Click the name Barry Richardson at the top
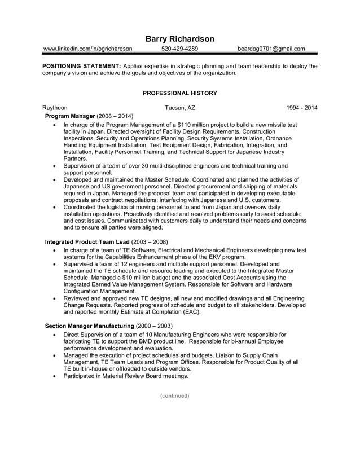click(x=179, y=39)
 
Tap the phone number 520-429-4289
click(x=179, y=49)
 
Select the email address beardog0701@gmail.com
click(x=271, y=49)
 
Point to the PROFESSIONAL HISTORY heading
click(x=179, y=93)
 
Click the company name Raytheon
click(x=55, y=108)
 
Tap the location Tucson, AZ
click(x=180, y=108)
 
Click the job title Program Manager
click(x=70, y=116)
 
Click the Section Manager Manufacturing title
click(x=89, y=326)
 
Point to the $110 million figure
click(x=194, y=124)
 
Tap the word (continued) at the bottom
click(x=174, y=395)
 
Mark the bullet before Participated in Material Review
click(x=54, y=376)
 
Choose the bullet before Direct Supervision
click(x=54, y=335)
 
